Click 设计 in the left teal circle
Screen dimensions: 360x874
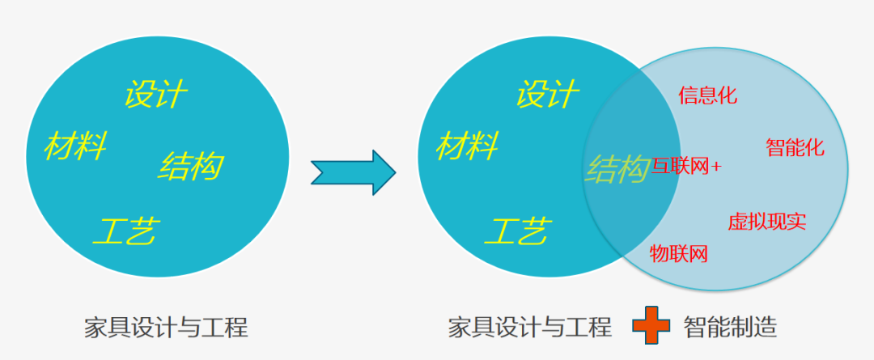156,95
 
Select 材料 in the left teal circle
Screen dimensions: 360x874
76,146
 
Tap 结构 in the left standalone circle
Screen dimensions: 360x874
191,166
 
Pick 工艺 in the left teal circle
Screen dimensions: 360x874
125,231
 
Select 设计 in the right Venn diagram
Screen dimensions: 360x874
548,95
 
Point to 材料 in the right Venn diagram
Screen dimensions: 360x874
468,146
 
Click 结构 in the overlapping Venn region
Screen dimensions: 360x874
617,168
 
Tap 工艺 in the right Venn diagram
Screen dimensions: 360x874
518,231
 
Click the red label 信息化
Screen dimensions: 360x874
708,95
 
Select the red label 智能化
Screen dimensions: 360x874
795,147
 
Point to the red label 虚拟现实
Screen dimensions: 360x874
766,221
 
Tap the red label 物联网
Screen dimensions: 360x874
679,254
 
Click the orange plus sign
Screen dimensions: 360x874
651,327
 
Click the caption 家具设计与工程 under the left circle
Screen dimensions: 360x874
166,327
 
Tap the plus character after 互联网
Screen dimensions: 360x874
716,167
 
